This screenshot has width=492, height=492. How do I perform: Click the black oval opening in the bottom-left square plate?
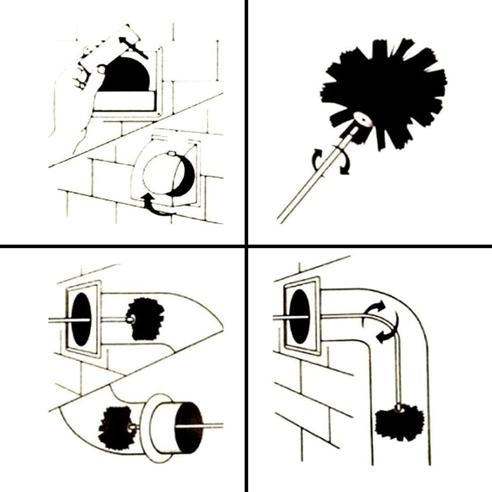(x=82, y=319)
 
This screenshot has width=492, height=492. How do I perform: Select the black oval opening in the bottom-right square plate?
(x=299, y=317)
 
